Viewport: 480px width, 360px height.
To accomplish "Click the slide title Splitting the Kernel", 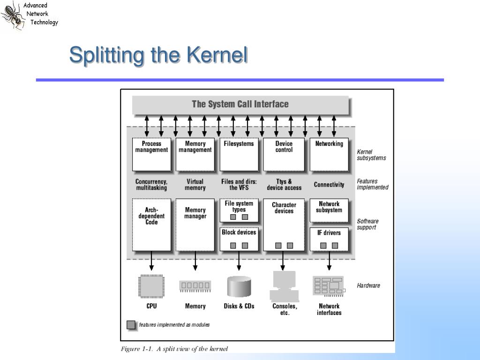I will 158,56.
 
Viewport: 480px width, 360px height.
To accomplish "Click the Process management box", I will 151,154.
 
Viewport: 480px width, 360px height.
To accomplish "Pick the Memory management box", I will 195,154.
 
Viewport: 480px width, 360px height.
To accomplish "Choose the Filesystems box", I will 239,154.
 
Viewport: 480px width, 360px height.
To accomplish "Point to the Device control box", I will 284,154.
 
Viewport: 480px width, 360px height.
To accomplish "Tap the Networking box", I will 329,154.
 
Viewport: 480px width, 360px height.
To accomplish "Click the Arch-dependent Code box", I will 151,225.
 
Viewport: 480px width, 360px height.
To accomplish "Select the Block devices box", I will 239,239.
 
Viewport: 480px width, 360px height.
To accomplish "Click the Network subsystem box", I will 329,210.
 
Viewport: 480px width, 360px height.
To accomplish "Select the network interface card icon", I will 329,286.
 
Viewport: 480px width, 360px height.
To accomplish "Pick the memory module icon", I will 195,286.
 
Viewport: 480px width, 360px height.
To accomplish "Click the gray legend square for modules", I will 131,325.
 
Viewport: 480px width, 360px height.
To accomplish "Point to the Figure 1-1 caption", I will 174,349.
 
